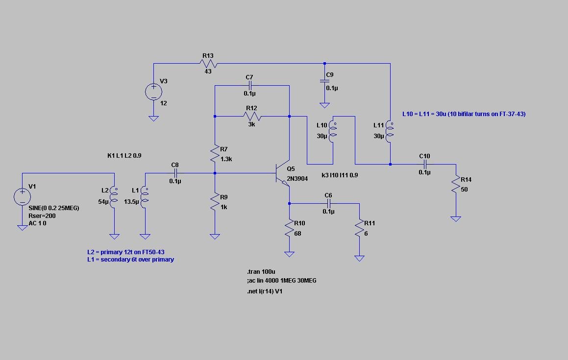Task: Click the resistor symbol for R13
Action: click(x=209, y=63)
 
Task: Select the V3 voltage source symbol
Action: click(x=153, y=92)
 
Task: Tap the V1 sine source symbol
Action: click(x=22, y=197)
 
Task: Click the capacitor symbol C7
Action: click(x=250, y=86)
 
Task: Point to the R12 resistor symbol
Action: click(x=252, y=117)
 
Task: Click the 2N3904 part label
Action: click(x=297, y=179)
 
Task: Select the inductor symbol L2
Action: click(x=114, y=196)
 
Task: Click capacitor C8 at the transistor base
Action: click(x=175, y=173)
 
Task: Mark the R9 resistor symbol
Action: click(x=215, y=202)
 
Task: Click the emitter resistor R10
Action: click(x=289, y=229)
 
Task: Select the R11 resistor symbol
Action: click(x=359, y=229)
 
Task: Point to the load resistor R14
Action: click(x=455, y=185)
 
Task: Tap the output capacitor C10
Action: click(x=424, y=164)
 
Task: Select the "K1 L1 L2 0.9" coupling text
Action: click(x=124, y=156)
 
